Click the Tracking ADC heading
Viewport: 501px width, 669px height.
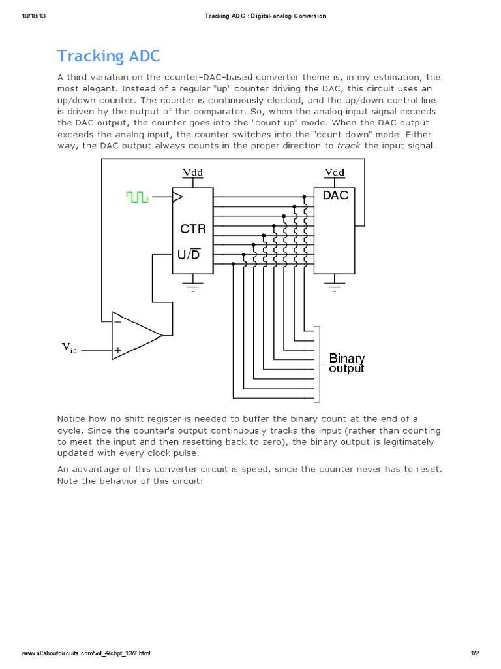coord(108,56)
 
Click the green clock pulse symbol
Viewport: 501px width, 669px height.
coord(138,196)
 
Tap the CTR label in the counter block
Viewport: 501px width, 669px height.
coord(192,229)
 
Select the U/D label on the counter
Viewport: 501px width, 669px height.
coord(189,253)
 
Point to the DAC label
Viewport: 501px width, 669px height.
coord(335,195)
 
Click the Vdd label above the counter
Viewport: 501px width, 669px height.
coord(192,172)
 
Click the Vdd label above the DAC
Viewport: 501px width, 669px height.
coord(335,172)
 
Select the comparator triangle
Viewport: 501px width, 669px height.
coord(134,335)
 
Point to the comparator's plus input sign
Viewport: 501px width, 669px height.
coord(118,350)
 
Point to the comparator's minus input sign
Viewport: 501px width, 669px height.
coord(117,321)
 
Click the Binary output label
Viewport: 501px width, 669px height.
coord(346,363)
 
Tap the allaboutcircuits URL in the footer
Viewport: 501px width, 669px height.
coord(86,653)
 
